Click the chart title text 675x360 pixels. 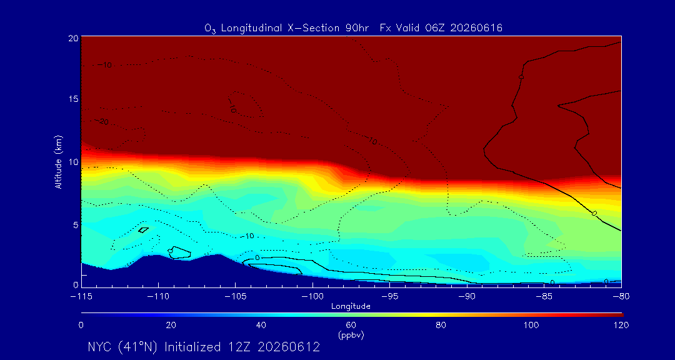pyautogui.click(x=353, y=28)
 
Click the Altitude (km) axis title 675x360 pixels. pyautogui.click(x=58, y=161)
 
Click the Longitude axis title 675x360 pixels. pyautogui.click(x=351, y=306)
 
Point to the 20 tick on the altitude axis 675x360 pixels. pyautogui.click(x=73, y=38)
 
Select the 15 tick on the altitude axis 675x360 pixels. pyautogui.click(x=73, y=99)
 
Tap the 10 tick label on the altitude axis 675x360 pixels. pyautogui.click(x=73, y=161)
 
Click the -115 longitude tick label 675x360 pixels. pyautogui.click(x=81, y=297)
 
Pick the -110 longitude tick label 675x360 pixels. pyautogui.click(x=158, y=297)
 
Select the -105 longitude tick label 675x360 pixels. pyautogui.click(x=236, y=297)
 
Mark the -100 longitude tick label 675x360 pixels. pyautogui.click(x=312, y=297)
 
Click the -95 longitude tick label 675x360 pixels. pyautogui.click(x=389, y=297)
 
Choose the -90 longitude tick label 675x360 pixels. pyautogui.click(x=467, y=297)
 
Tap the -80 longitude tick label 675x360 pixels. pyautogui.click(x=621, y=297)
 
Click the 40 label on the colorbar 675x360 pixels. pyautogui.click(x=261, y=325)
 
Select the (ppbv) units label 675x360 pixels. pyautogui.click(x=351, y=336)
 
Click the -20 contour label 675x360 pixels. pyautogui.click(x=102, y=122)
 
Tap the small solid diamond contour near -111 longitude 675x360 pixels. pyautogui.click(x=143, y=230)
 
